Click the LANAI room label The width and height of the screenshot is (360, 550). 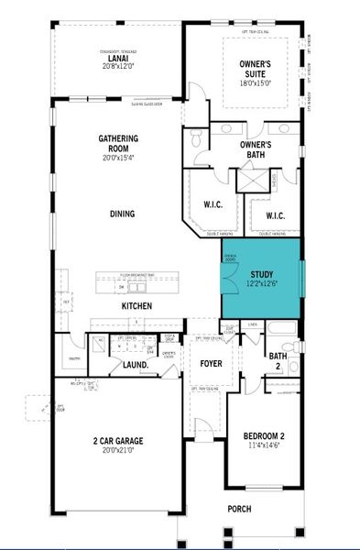point(117,57)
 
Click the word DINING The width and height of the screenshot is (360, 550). point(122,214)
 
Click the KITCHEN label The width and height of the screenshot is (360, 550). point(136,305)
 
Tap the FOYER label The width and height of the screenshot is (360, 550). point(212,364)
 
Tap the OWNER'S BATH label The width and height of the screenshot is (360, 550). point(257,149)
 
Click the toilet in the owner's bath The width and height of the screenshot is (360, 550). point(197,138)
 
